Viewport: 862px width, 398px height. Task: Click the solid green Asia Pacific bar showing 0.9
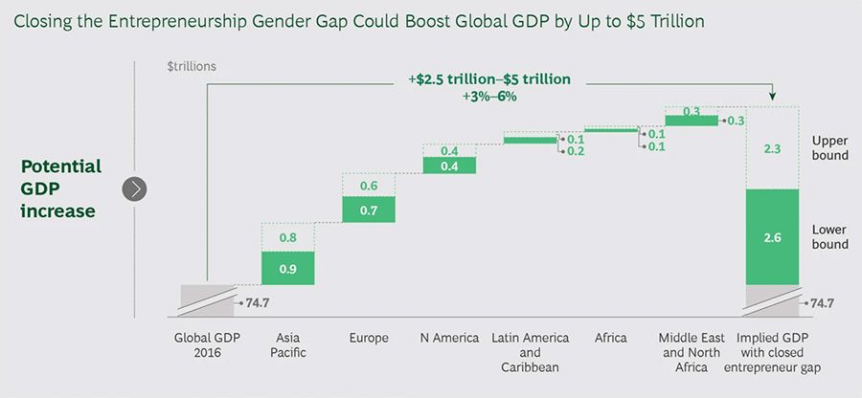point(287,268)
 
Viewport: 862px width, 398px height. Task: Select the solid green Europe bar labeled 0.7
point(369,209)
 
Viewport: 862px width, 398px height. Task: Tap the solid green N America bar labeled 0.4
point(449,166)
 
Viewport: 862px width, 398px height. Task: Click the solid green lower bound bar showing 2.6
point(772,236)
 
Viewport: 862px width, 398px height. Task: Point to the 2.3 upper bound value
point(772,148)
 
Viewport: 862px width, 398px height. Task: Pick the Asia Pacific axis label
point(288,345)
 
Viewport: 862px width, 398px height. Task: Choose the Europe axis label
point(369,338)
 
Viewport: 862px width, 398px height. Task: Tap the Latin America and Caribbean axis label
point(530,352)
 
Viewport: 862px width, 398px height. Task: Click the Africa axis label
point(610,338)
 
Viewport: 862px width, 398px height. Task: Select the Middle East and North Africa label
point(691,352)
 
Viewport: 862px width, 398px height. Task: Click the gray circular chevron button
point(135,188)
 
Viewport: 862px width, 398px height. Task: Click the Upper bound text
point(829,146)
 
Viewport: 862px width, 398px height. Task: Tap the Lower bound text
point(829,236)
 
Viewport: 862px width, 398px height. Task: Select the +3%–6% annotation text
point(490,96)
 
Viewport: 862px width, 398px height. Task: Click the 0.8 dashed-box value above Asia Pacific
point(287,237)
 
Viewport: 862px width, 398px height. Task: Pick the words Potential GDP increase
point(60,188)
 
